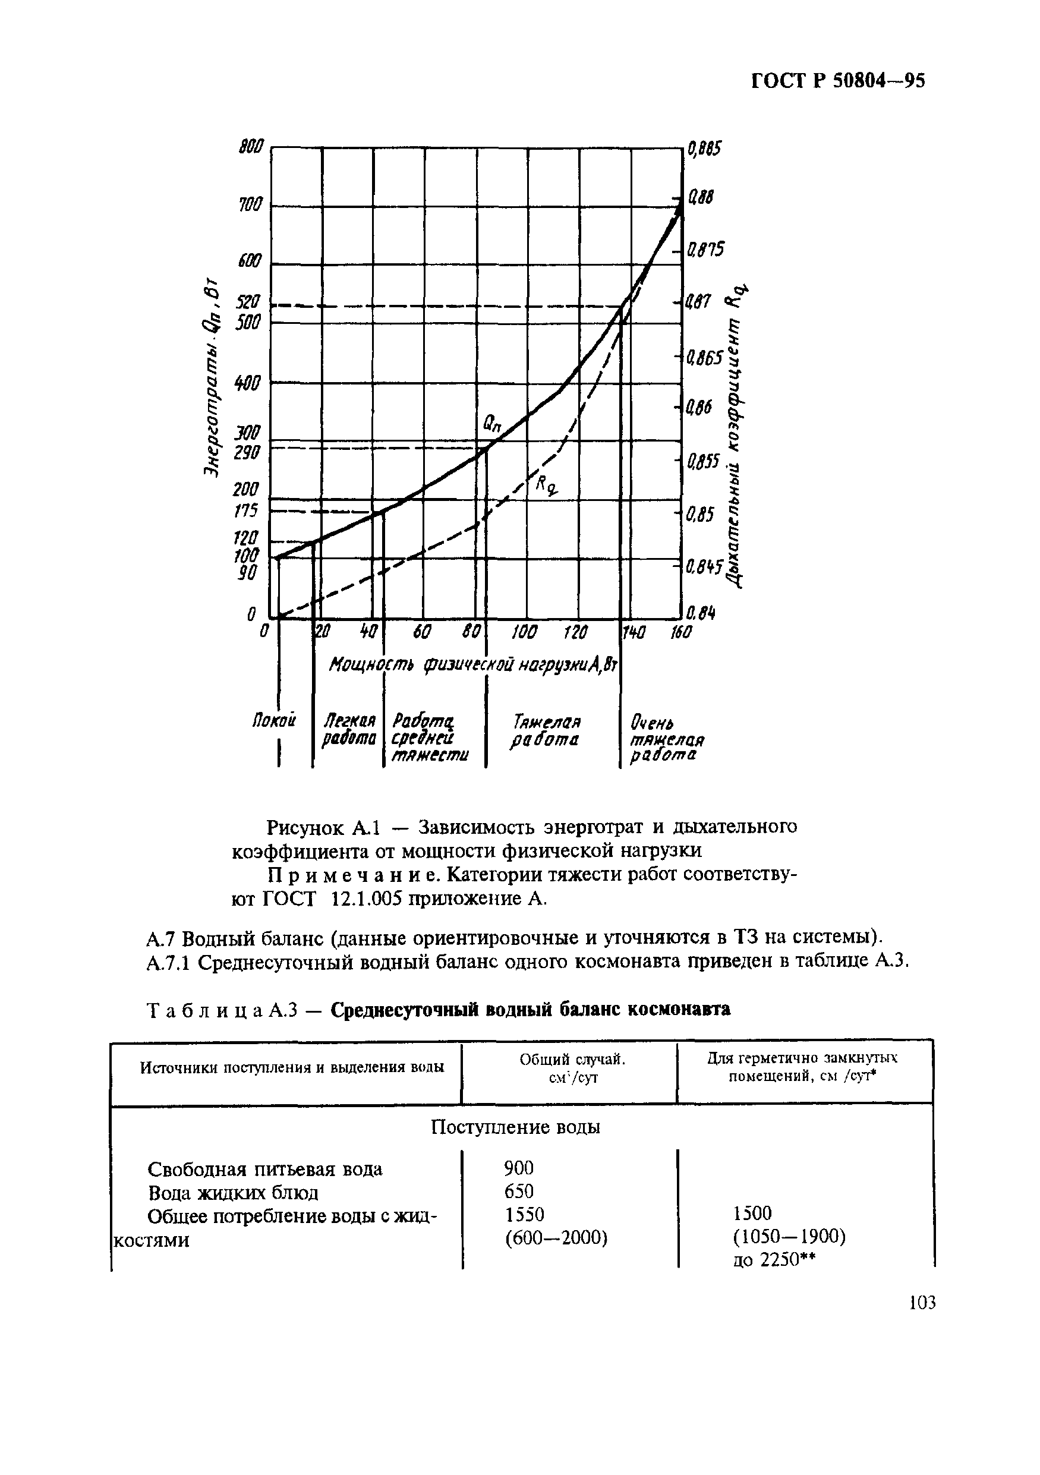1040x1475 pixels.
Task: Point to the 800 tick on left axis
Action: click(251, 147)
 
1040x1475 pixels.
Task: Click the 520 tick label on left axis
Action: click(247, 302)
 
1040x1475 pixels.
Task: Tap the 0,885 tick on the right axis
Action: click(704, 149)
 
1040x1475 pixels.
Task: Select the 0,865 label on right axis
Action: click(705, 358)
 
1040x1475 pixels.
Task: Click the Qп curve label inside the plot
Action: click(492, 423)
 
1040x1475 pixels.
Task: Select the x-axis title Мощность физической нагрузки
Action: click(473, 665)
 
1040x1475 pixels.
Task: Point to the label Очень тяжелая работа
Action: click(666, 739)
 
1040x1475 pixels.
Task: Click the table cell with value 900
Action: click(519, 1167)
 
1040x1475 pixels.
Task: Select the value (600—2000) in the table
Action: click(556, 1237)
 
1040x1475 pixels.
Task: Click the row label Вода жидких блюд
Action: click(233, 1193)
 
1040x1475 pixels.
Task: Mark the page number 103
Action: click(922, 1303)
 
